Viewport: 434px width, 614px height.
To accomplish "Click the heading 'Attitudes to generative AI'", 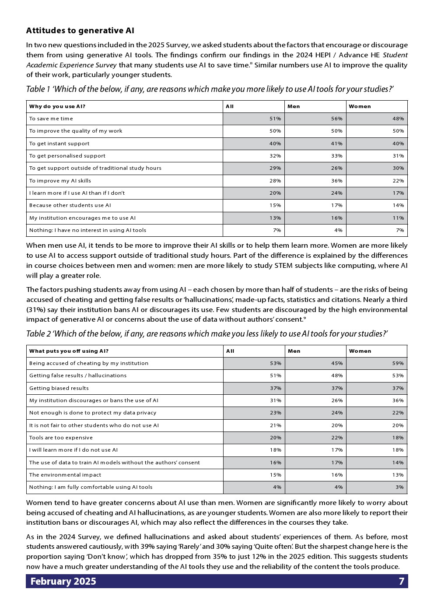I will (80, 31).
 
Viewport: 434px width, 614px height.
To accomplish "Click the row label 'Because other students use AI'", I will (70, 205).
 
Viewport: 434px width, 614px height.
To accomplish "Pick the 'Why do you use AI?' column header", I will (57, 106).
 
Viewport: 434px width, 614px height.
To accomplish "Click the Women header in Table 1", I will (360, 106).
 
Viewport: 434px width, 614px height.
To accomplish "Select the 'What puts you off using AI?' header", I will (69, 351).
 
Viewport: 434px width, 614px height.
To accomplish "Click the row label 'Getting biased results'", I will (59, 388).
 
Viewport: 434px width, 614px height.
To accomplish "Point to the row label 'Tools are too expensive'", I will (61, 438).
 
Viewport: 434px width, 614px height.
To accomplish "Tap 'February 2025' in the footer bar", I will (63, 581).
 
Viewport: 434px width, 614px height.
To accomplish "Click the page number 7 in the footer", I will (401, 581).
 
